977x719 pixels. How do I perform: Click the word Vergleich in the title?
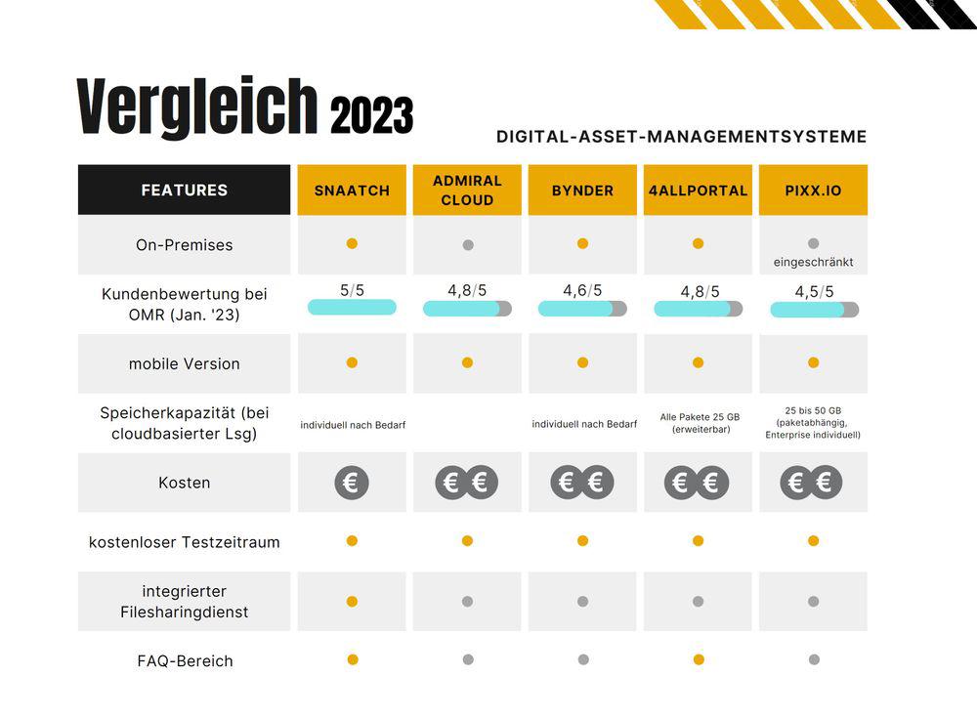click(197, 106)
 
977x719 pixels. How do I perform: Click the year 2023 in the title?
click(371, 116)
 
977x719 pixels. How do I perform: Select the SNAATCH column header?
click(352, 190)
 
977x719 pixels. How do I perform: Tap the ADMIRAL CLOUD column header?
click(467, 190)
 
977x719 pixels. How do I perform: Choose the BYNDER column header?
click(582, 190)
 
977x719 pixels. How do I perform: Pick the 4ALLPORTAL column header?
click(698, 190)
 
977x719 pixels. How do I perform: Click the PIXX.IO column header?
click(813, 190)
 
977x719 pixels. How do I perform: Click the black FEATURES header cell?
click(184, 190)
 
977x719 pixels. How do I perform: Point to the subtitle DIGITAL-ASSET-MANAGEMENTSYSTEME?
click(681, 137)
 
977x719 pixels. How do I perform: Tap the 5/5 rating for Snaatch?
click(352, 291)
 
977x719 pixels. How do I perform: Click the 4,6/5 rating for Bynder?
click(582, 291)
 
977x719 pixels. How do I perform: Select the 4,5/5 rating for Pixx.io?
click(814, 292)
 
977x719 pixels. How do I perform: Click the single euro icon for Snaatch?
click(352, 483)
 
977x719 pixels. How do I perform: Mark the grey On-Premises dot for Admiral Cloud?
click(467, 245)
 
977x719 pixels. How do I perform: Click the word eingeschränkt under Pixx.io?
click(813, 263)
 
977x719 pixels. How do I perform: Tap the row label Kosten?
click(184, 483)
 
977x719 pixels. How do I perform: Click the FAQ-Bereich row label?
click(185, 661)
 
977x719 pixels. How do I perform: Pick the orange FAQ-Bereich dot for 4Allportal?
click(699, 659)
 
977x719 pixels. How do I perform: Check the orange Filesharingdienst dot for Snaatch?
click(352, 602)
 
